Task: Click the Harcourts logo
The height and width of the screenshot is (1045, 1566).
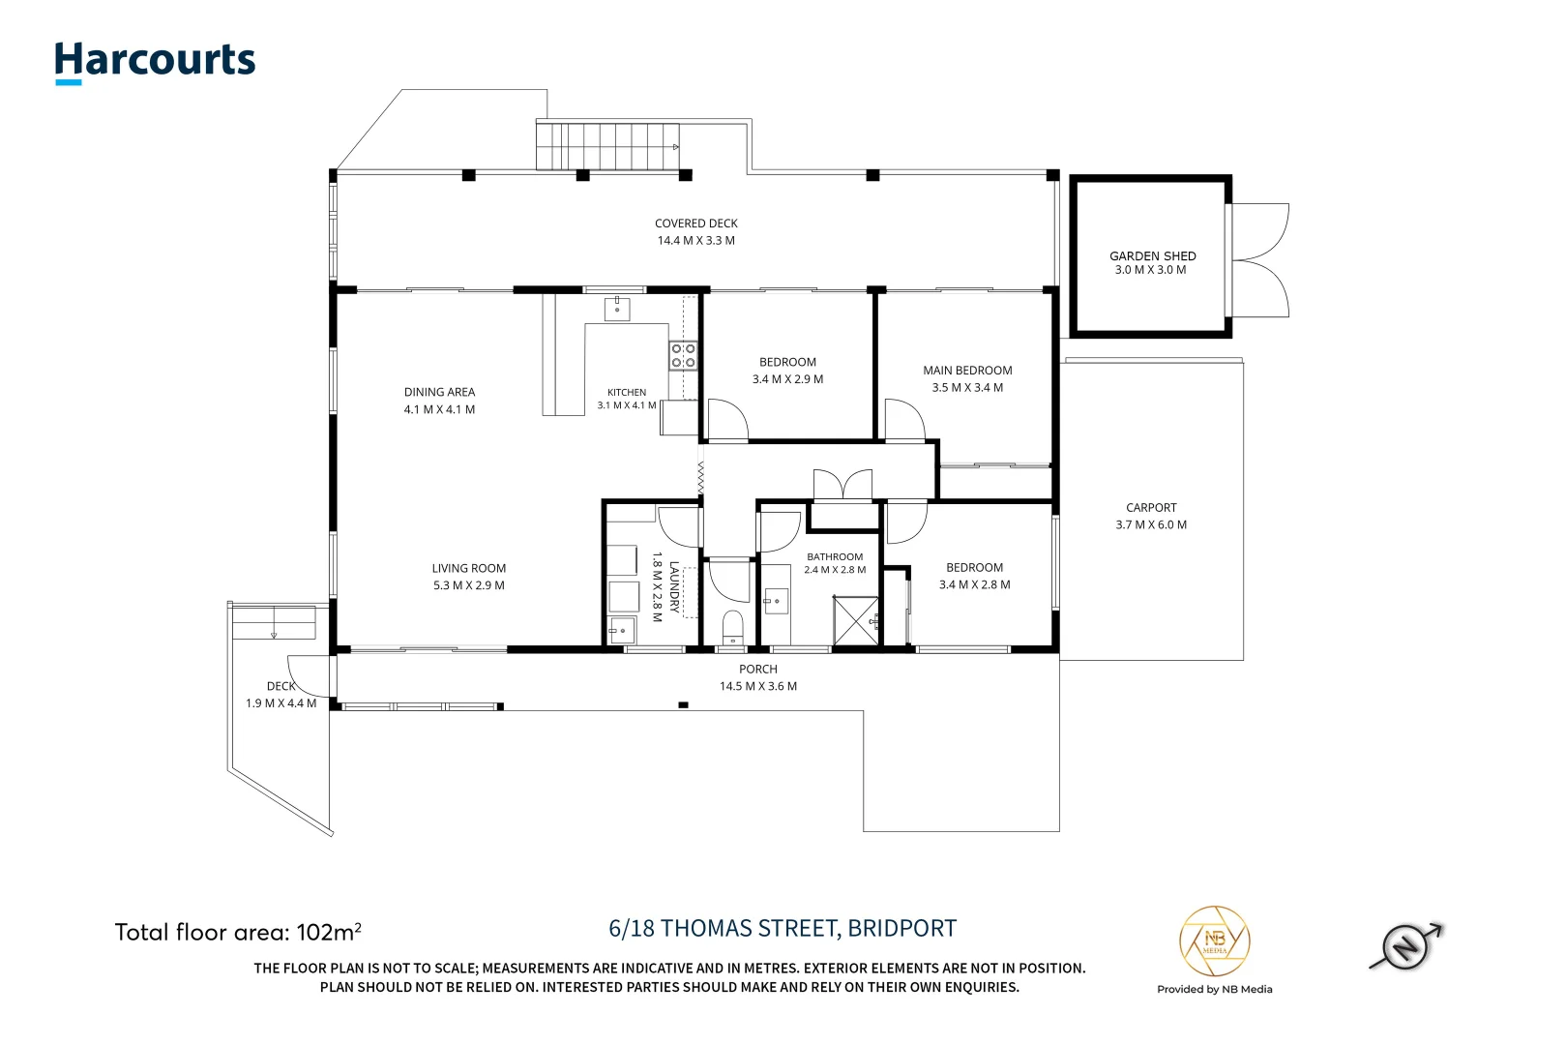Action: pos(155,63)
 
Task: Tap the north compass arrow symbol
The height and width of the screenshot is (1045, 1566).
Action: pos(1406,946)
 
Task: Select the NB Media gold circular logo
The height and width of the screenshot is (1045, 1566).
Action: pos(1214,940)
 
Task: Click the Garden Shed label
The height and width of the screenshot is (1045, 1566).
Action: pos(1152,256)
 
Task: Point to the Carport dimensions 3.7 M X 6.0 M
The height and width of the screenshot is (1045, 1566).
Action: pos(1151,524)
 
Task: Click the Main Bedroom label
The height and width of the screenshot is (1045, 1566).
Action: pos(967,370)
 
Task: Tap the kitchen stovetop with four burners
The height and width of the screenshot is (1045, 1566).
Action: pos(683,355)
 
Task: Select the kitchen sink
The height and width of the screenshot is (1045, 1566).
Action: pos(616,309)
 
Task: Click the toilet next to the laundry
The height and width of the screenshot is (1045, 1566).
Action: pos(732,627)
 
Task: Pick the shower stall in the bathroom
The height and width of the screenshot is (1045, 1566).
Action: pos(856,620)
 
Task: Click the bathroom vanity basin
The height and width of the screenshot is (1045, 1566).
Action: pos(776,601)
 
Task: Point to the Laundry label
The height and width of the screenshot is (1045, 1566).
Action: pos(674,587)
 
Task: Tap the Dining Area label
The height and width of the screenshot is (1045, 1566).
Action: pos(439,392)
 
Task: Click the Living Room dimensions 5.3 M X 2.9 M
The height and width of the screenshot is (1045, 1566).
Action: pos(468,585)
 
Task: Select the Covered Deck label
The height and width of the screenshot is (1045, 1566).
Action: pos(695,224)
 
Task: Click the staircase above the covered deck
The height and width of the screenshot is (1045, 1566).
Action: pos(607,145)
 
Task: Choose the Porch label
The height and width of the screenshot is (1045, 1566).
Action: pos(757,669)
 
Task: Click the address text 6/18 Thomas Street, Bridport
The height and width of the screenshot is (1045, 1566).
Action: pos(783,928)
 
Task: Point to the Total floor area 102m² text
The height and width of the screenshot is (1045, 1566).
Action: pos(238,932)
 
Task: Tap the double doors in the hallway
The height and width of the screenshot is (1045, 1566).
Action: pos(842,485)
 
